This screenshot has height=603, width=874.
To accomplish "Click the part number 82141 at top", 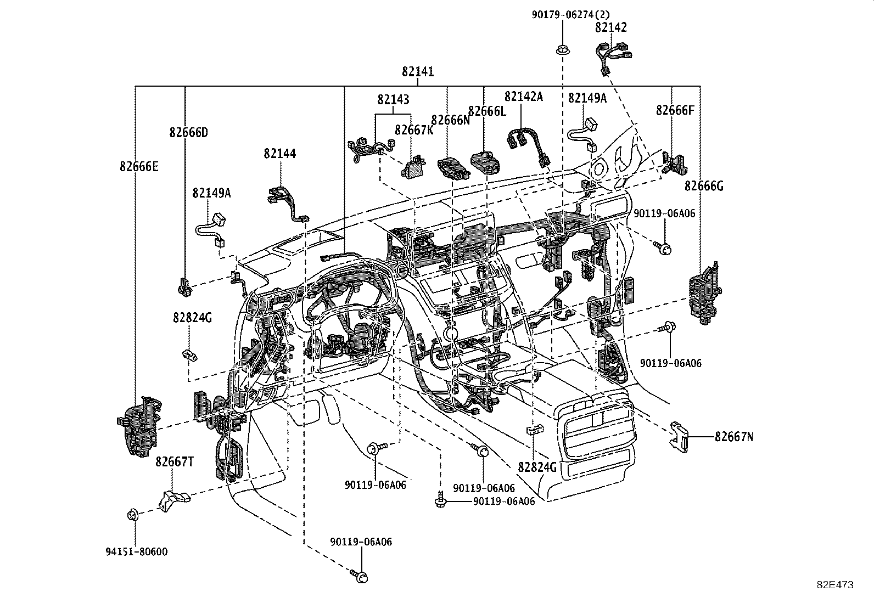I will (x=417, y=72).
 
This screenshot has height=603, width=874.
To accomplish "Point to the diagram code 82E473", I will (x=834, y=585).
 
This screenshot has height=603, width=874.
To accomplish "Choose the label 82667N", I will (x=734, y=437).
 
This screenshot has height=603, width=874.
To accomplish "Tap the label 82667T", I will (x=174, y=461).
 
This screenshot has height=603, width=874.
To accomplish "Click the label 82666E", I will (x=138, y=166).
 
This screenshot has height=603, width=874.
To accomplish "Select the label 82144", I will (x=279, y=154).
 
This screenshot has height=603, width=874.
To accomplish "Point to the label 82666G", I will (x=704, y=187).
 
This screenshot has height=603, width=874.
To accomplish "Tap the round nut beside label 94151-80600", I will (x=132, y=515).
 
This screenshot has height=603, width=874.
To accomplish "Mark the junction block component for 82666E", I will (x=139, y=425).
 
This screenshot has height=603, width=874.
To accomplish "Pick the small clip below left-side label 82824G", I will (x=189, y=354).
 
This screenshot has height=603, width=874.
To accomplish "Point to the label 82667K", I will (x=414, y=130).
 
